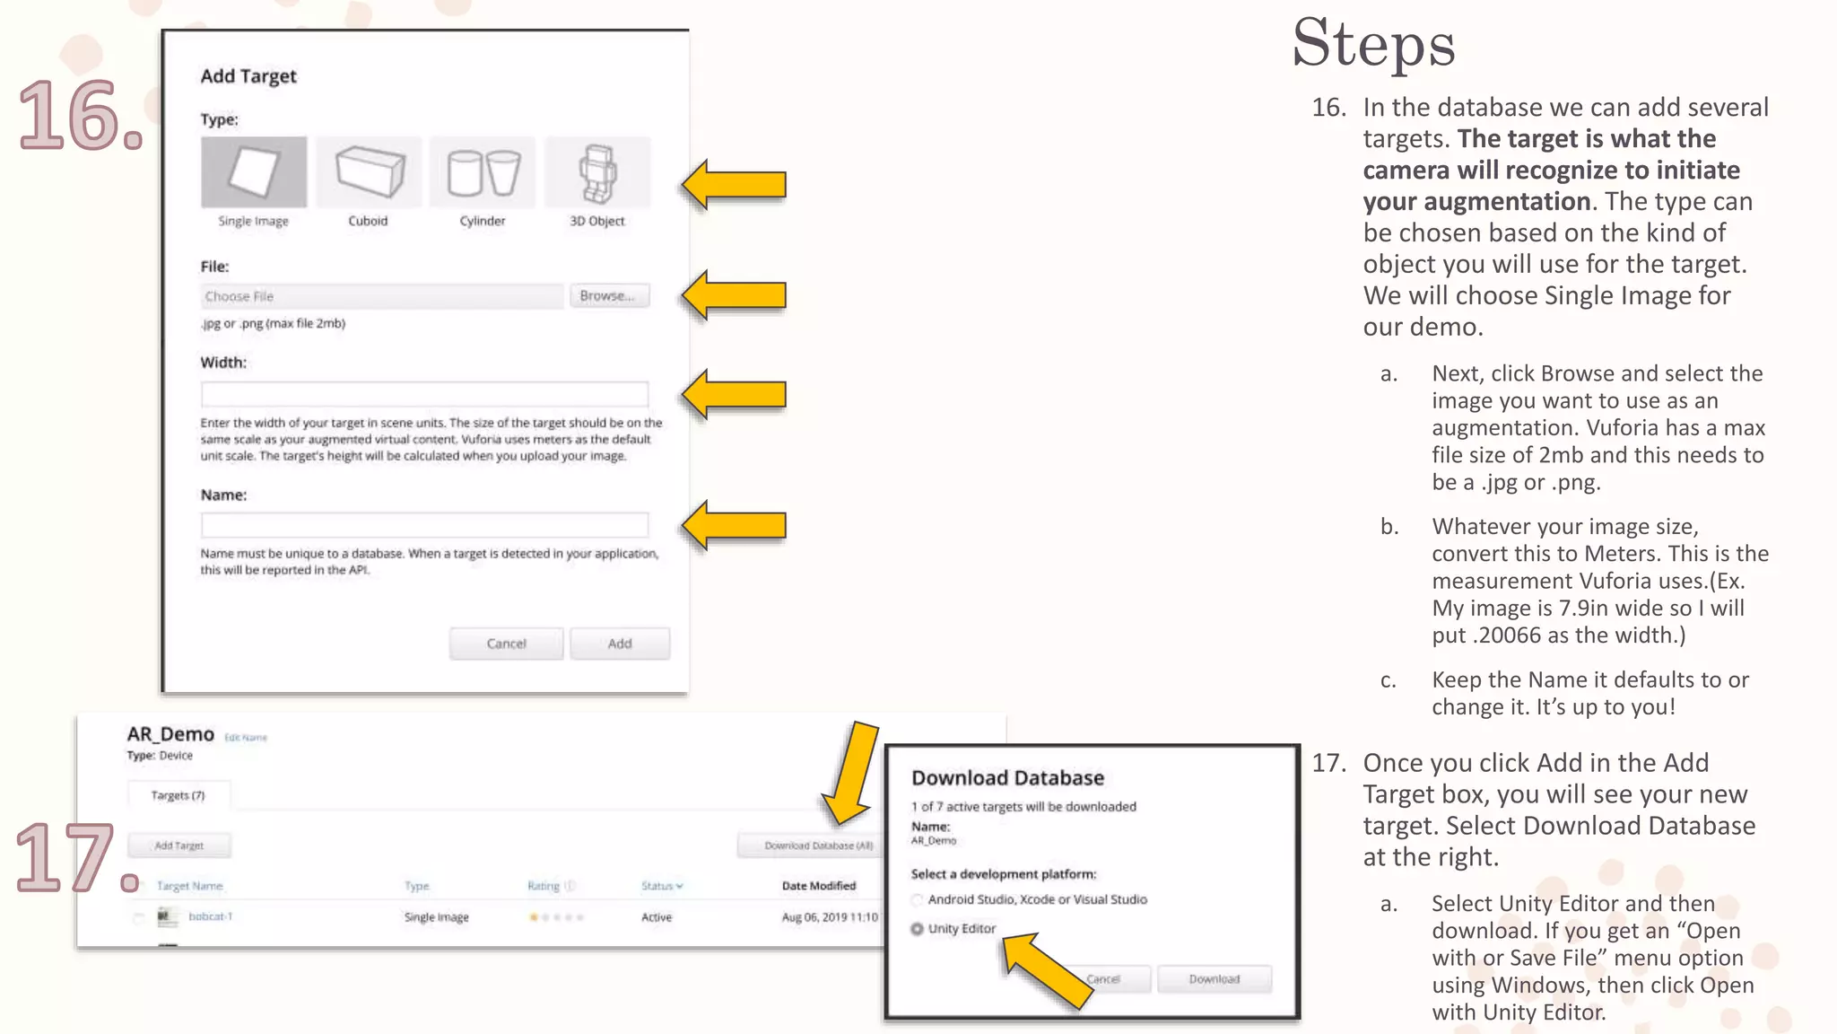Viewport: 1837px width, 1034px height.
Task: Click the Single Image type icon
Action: tap(254, 171)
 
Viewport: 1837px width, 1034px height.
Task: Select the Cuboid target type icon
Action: tap(369, 171)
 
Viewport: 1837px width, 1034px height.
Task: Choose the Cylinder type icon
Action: tap(483, 171)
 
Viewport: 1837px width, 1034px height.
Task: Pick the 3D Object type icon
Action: tap(597, 171)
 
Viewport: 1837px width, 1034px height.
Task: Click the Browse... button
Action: tap(609, 296)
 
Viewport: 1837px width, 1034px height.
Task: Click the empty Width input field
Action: tap(424, 394)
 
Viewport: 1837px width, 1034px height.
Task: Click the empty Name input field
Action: tap(424, 525)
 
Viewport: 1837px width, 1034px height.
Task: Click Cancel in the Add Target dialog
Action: tap(506, 644)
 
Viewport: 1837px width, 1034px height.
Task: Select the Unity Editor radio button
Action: tap(918, 929)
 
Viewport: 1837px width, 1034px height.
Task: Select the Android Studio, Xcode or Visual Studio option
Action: tap(918, 900)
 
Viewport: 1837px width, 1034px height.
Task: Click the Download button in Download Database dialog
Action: tap(1215, 979)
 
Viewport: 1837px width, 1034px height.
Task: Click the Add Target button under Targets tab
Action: tap(179, 846)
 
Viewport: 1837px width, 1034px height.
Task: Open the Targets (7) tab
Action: tap(178, 795)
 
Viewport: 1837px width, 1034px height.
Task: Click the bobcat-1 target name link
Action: tap(210, 916)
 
